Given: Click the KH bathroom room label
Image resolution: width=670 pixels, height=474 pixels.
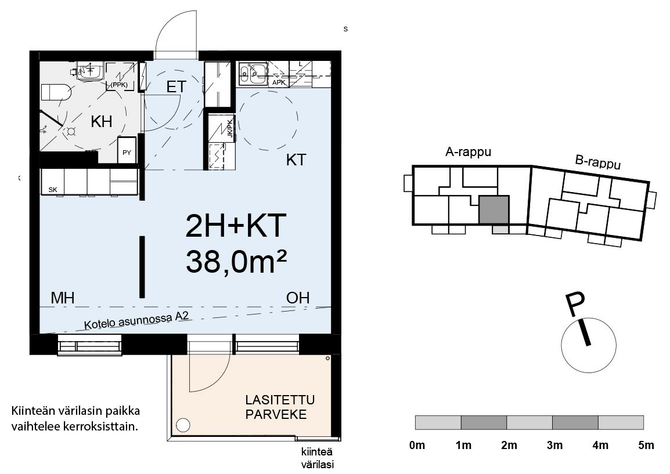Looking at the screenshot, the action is coord(101,122).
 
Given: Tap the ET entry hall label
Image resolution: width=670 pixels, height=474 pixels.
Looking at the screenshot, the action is coord(176,87).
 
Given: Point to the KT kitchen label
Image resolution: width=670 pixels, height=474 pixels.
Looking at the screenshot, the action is coord(296,160).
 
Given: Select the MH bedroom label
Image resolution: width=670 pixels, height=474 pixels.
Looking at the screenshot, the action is coord(62,298).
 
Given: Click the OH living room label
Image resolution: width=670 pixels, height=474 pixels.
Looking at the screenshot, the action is coord(298,298).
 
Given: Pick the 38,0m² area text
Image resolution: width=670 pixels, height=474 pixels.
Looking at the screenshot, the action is coord(236,261).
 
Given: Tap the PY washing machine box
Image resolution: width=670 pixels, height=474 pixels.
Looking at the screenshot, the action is coord(127,150).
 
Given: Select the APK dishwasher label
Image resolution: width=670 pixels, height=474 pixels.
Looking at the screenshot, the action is coord(279,82).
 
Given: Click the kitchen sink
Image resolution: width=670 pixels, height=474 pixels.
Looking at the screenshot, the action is coord(253,72).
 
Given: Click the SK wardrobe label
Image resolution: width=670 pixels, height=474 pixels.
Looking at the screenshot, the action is coord(53,190).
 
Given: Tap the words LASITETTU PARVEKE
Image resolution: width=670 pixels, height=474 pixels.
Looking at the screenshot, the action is coord(280,407).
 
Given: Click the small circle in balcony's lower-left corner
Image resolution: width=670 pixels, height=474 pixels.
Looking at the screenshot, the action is coord(183,425).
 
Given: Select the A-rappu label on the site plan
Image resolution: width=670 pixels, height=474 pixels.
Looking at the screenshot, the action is coord(468,152).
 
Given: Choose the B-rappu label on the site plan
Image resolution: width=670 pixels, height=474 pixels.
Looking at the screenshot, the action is coord(598,162).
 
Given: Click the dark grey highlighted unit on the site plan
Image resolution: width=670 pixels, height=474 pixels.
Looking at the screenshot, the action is coord(494,210).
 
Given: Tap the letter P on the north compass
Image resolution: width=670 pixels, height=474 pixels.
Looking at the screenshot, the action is coord(575,305).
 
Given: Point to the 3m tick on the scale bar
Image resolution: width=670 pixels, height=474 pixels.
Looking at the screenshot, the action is coord(554,446).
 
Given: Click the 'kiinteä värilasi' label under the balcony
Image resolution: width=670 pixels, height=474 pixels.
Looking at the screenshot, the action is coord(317,458).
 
